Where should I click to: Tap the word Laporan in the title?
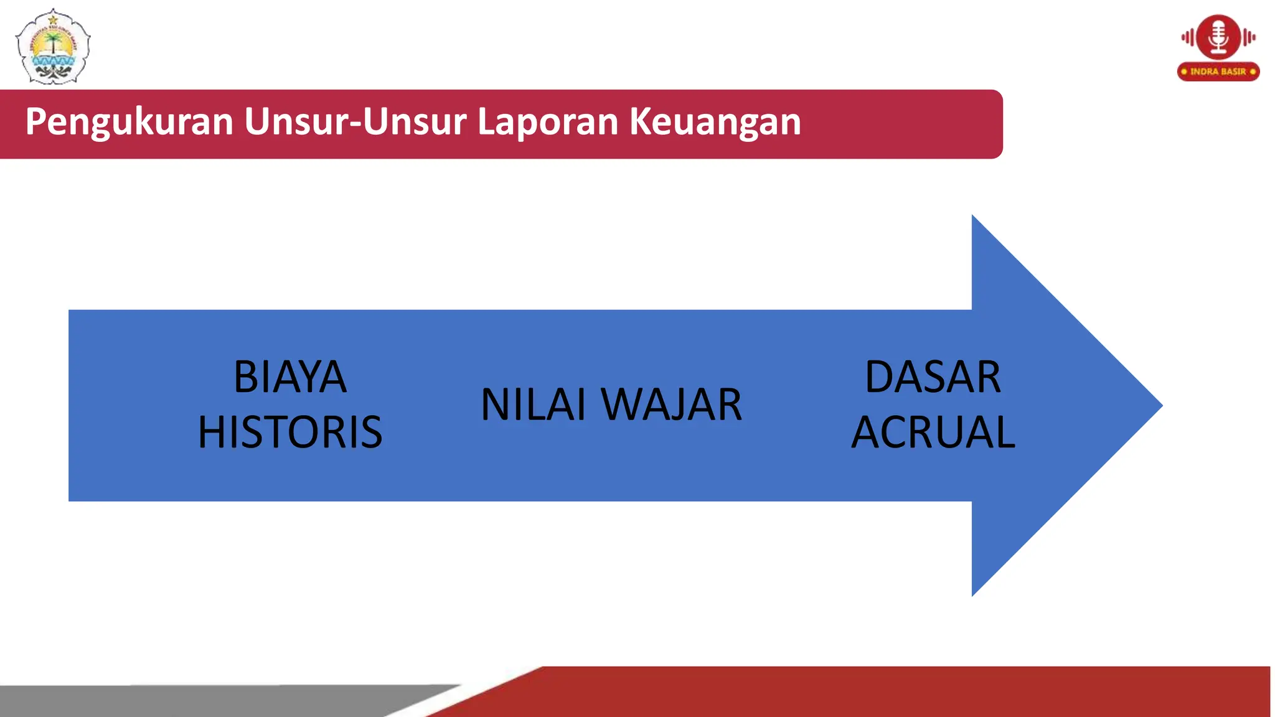coord(547,122)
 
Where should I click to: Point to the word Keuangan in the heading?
coord(715,122)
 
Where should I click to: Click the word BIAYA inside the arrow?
coord(290,377)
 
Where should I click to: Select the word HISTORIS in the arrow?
coord(290,432)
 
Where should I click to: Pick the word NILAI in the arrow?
coord(534,405)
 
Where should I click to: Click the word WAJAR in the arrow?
coord(672,405)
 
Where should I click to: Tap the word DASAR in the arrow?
coord(933,377)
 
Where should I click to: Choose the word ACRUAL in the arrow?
coord(933,432)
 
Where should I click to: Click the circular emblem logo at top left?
coord(53,47)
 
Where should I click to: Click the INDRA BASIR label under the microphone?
coord(1218,72)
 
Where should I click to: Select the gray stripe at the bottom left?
coord(187,701)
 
